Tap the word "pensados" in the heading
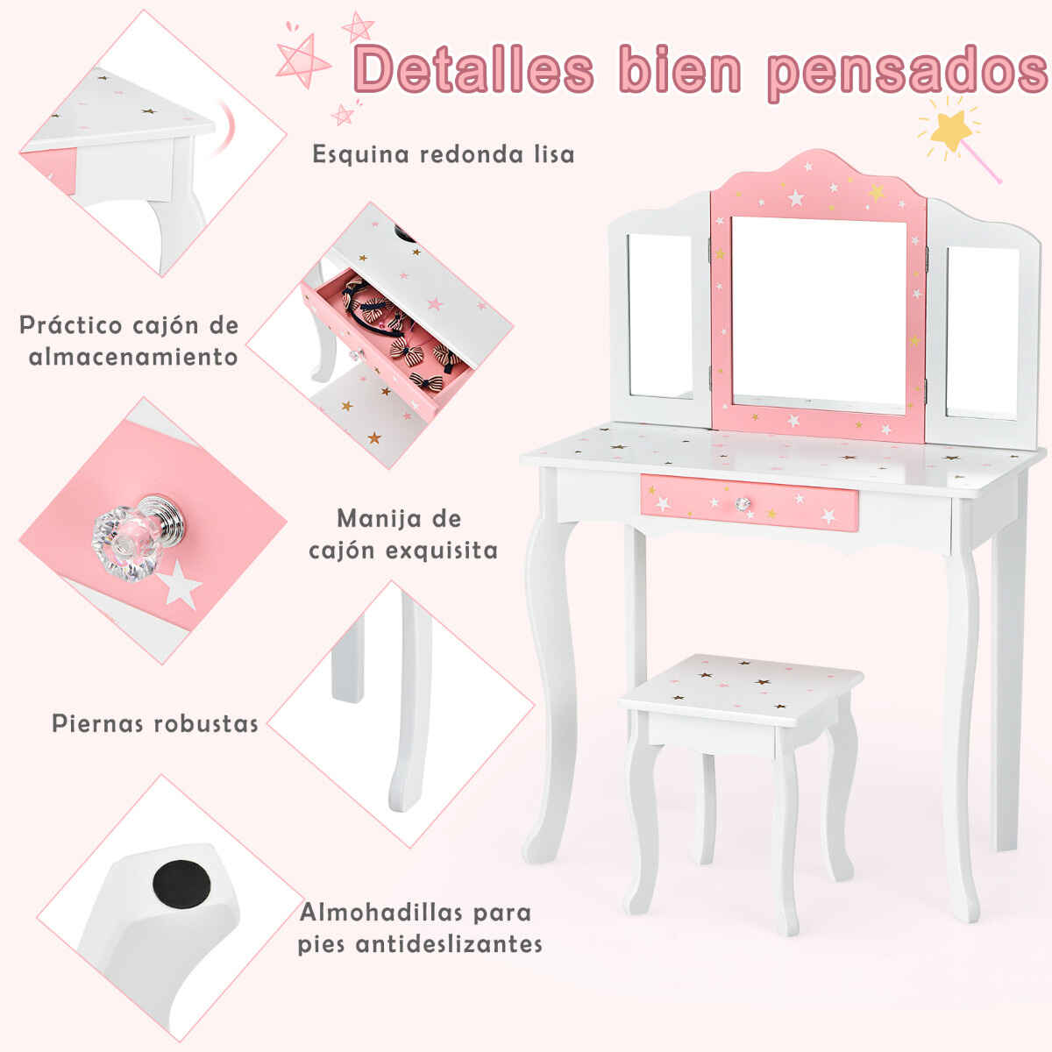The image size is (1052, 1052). (x=906, y=74)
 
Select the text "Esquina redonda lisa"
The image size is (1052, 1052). (x=444, y=154)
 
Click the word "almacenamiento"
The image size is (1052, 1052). (x=134, y=357)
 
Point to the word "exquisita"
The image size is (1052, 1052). (x=442, y=551)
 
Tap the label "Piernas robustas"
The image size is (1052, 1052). (x=155, y=724)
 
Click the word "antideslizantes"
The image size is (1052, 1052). (x=450, y=944)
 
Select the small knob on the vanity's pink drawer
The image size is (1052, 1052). (x=742, y=503)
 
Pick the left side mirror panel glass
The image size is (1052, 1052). (x=660, y=316)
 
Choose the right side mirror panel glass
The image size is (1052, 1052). (x=982, y=333)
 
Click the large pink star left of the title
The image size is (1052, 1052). (x=303, y=61)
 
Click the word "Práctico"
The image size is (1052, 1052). (x=71, y=325)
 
